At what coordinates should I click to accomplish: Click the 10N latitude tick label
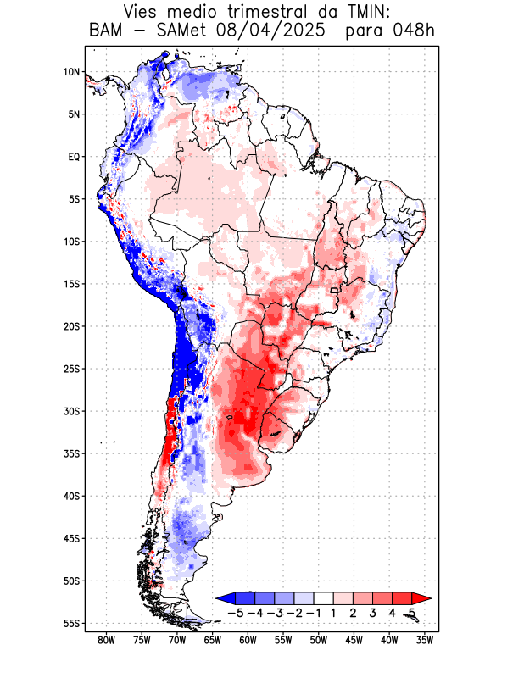[x=71, y=72]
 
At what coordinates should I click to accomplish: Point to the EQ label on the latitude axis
[x=74, y=157]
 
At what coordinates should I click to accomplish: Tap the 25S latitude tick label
[x=71, y=369]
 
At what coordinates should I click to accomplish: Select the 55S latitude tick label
[x=71, y=623]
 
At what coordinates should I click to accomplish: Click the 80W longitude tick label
[x=106, y=640]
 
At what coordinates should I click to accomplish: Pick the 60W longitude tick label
[x=248, y=640]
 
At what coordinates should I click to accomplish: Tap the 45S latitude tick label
[x=71, y=538]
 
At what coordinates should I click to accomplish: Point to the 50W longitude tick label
[x=319, y=640]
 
